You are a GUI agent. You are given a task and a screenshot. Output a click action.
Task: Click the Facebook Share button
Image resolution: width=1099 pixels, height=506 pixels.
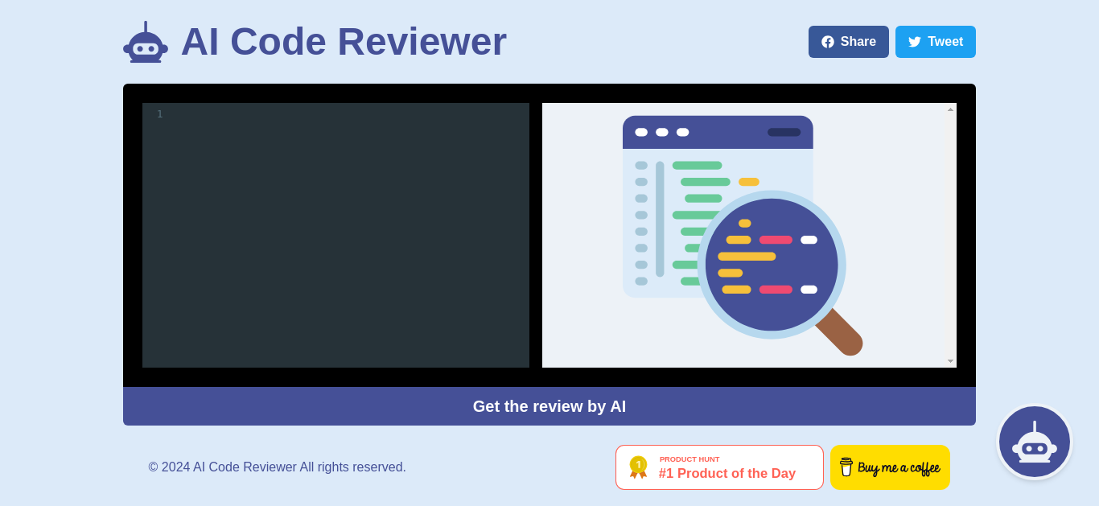pyautogui.click(x=848, y=42)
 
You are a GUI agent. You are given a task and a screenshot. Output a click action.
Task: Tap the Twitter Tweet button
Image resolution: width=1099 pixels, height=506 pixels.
pyautogui.click(x=935, y=42)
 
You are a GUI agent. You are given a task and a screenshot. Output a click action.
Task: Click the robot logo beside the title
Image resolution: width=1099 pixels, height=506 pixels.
pyautogui.click(x=146, y=42)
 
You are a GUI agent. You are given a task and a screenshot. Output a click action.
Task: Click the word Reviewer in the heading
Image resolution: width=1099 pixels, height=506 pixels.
pyautogui.click(x=422, y=42)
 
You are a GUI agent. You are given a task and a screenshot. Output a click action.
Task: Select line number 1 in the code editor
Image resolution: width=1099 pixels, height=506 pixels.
pyautogui.click(x=159, y=114)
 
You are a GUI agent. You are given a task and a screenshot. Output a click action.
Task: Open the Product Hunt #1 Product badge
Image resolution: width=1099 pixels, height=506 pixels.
pyautogui.click(x=719, y=467)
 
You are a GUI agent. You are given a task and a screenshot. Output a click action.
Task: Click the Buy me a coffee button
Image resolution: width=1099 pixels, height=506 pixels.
pyautogui.click(x=890, y=467)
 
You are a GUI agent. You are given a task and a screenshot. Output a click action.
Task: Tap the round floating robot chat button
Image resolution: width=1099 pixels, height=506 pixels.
pyautogui.click(x=1035, y=442)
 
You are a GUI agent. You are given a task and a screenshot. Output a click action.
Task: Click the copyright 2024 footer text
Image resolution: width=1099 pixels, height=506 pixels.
pyautogui.click(x=278, y=467)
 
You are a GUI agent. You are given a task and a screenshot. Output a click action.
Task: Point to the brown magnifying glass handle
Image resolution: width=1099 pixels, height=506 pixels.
pyautogui.click(x=840, y=332)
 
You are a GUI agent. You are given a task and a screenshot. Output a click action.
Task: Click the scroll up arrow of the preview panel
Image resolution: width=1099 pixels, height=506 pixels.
pyautogui.click(x=950, y=109)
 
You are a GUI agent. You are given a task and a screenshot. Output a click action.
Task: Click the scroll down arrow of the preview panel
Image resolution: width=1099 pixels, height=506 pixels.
pyautogui.click(x=950, y=361)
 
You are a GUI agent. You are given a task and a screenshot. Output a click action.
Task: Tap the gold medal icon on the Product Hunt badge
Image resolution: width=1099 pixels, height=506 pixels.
pyautogui.click(x=638, y=467)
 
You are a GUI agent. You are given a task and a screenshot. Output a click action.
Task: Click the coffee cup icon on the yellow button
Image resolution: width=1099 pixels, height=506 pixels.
pyautogui.click(x=846, y=467)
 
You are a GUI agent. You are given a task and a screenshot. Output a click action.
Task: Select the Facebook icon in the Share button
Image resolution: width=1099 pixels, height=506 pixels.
pyautogui.click(x=828, y=42)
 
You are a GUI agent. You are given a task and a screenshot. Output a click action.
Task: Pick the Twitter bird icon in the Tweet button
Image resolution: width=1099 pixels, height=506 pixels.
pyautogui.click(x=915, y=42)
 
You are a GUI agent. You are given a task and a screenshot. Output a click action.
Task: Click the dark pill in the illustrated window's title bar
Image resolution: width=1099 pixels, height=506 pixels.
pyautogui.click(x=784, y=132)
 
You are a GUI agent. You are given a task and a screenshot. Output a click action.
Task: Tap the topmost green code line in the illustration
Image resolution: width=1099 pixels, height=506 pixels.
pyautogui.click(x=698, y=166)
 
